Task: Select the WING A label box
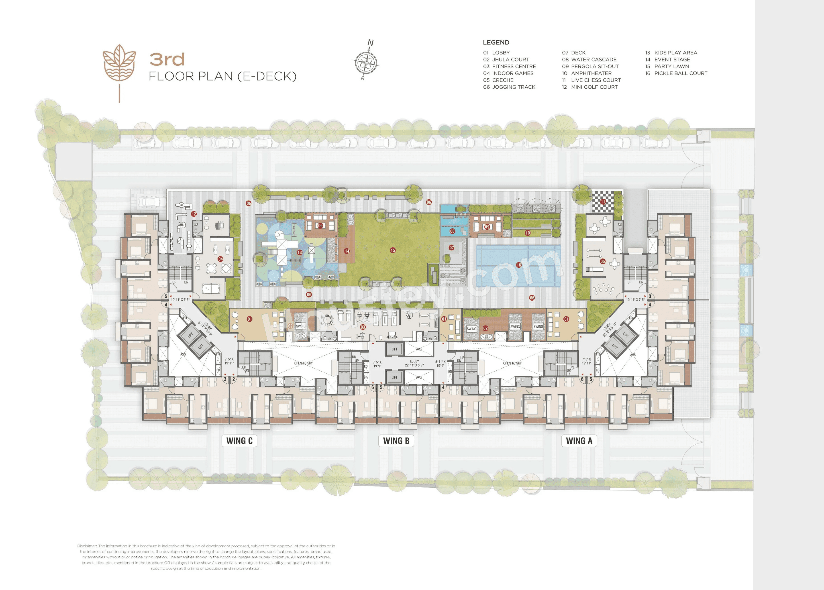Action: click(x=579, y=441)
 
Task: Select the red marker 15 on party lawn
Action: click(x=393, y=250)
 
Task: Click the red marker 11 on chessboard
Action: click(x=603, y=202)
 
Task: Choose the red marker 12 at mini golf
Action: click(x=194, y=214)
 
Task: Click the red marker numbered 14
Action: click(x=347, y=251)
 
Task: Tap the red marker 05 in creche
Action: click(x=603, y=261)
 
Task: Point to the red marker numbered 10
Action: click(x=528, y=233)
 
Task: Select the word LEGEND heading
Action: click(x=496, y=43)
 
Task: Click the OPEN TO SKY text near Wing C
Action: click(x=303, y=363)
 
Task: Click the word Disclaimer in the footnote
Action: click(x=87, y=546)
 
